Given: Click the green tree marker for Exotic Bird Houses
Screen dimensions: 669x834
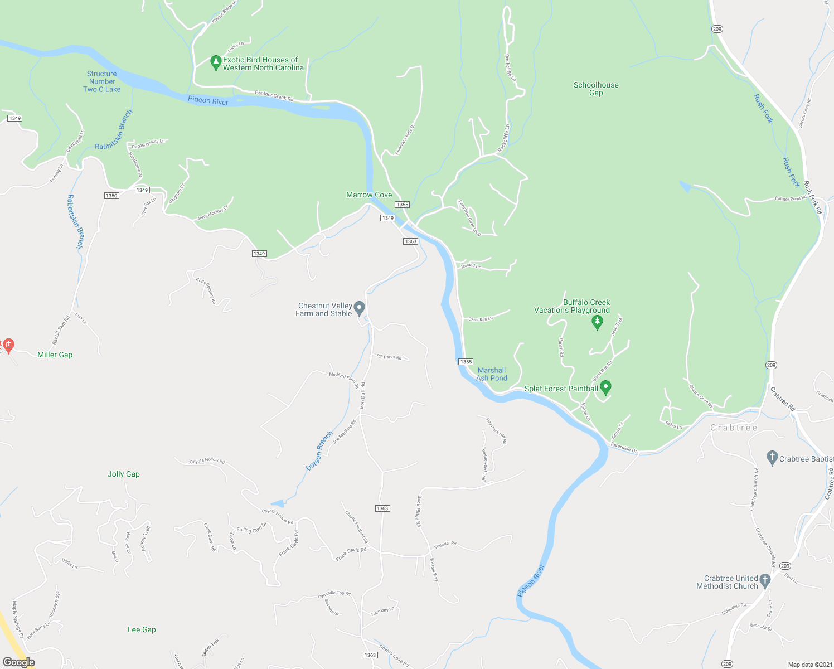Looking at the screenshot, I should tap(216, 62).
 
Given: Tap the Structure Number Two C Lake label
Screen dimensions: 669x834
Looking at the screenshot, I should tap(102, 81).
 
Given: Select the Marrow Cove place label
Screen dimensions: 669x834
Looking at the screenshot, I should tap(369, 195).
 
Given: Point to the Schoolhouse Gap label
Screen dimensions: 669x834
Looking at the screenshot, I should tap(596, 89).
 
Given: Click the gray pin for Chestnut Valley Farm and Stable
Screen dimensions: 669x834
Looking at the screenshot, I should tap(360, 308).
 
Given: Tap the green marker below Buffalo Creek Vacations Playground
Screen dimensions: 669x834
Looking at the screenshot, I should tap(598, 322).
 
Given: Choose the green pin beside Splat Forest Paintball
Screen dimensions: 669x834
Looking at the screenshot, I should tap(606, 387).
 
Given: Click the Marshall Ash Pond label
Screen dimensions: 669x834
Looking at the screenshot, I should tap(492, 374).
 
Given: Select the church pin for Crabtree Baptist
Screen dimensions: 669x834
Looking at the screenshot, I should tap(772, 458).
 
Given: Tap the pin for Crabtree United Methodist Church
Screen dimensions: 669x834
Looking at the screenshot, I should tap(765, 581).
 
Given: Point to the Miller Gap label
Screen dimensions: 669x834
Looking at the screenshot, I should tap(55, 355).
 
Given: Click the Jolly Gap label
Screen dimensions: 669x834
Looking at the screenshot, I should tap(124, 474).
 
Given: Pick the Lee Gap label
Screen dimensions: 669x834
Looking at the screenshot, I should tap(142, 629).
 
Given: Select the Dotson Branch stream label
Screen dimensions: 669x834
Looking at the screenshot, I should tap(319, 450).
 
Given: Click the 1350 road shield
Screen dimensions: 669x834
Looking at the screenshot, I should tap(111, 196).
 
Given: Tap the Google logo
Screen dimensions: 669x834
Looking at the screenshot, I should tap(18, 662).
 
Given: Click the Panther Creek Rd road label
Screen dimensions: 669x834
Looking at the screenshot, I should tap(274, 96).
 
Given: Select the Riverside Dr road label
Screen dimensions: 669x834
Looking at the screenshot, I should tap(624, 448).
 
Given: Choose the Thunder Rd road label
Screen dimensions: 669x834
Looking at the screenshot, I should tap(445, 544).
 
